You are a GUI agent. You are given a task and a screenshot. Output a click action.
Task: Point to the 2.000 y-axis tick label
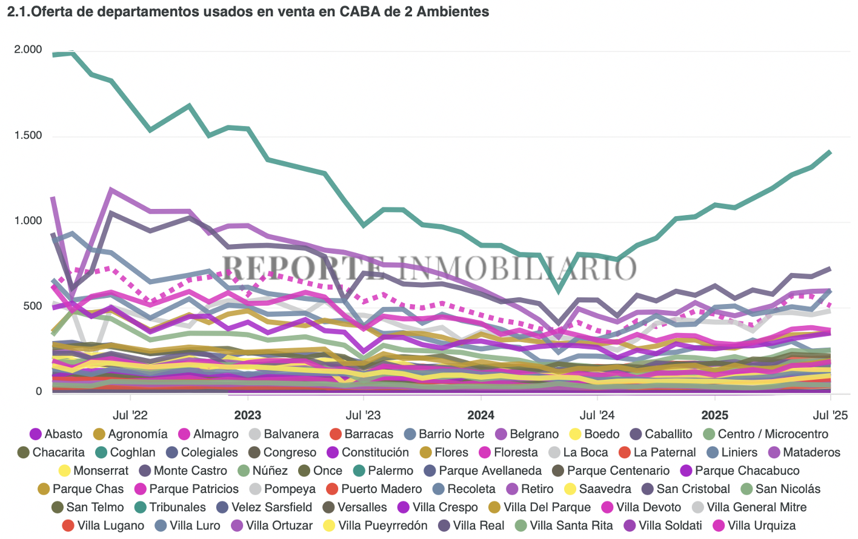(28, 50)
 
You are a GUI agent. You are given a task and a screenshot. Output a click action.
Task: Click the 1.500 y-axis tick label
(28, 136)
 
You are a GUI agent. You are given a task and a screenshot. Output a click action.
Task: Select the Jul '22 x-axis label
(130, 415)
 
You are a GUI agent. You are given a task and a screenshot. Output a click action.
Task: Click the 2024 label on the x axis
(481, 415)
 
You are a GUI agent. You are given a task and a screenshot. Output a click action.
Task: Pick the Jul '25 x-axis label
(830, 415)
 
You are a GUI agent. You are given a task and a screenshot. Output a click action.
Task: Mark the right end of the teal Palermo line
(830, 152)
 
